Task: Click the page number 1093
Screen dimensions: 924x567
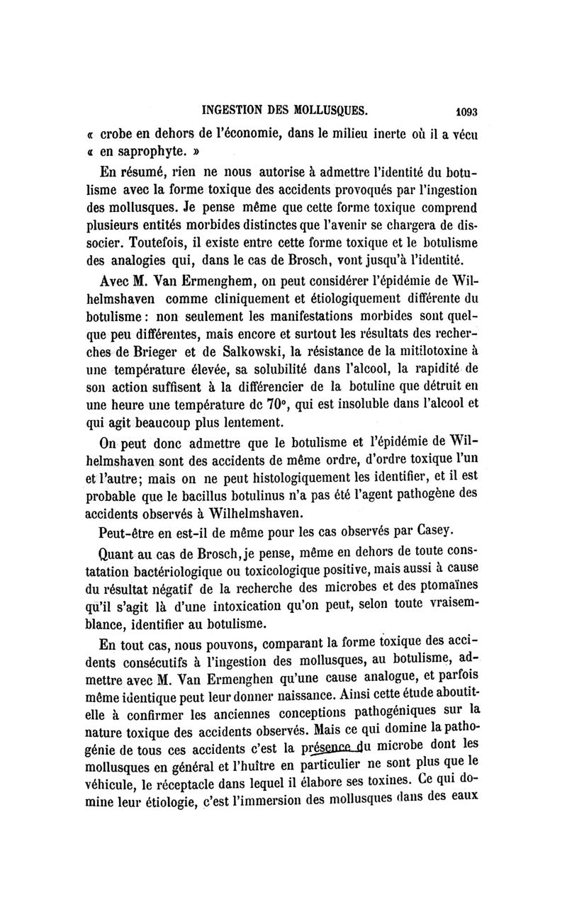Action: pos(465,111)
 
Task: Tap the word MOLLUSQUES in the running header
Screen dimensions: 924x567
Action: pos(329,110)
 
